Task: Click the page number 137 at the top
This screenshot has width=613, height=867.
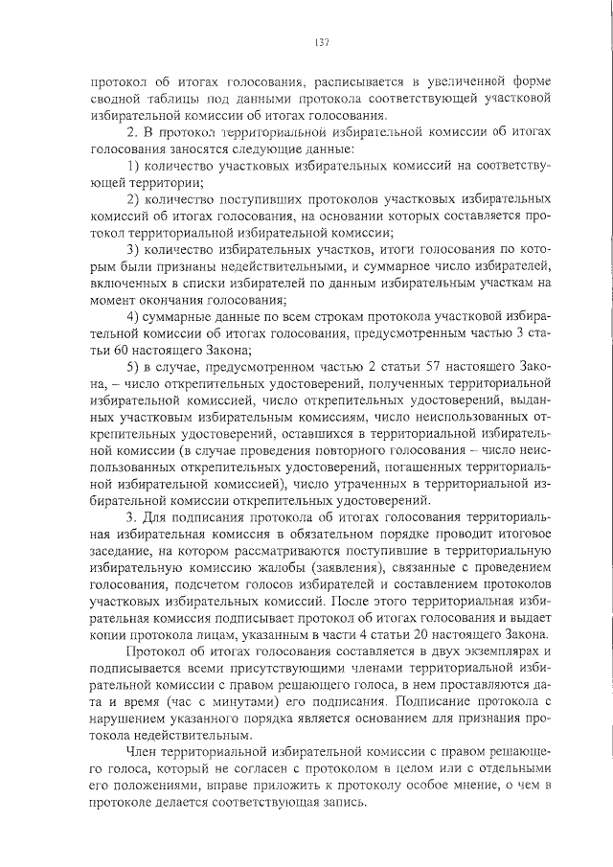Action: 321,41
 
